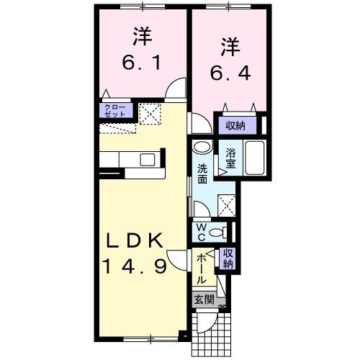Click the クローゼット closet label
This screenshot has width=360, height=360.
click(x=114, y=111)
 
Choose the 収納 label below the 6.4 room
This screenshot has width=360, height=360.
click(x=235, y=126)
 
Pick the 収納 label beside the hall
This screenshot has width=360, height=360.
click(x=228, y=257)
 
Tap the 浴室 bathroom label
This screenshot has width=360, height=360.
click(x=231, y=157)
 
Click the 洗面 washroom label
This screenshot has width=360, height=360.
click(x=203, y=174)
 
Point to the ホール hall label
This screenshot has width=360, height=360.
click(x=202, y=268)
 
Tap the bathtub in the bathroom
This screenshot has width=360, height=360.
click(x=255, y=158)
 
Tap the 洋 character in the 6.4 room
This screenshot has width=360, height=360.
click(x=228, y=45)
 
